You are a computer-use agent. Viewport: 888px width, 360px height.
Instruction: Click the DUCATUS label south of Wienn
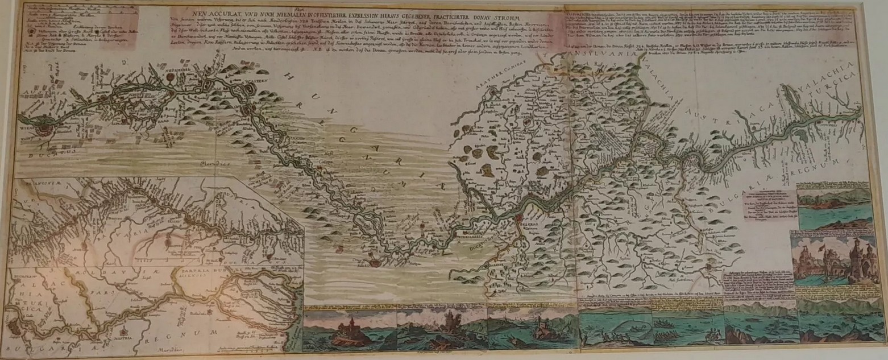38,152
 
